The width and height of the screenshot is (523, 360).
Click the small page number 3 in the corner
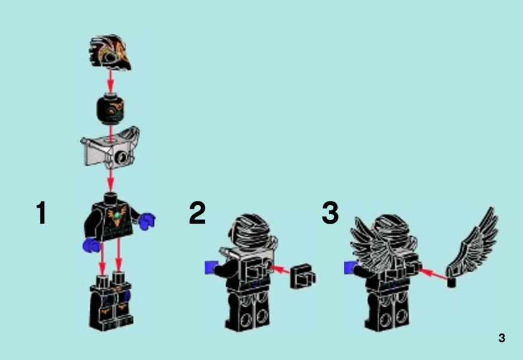[501, 338]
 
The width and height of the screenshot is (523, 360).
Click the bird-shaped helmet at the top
[110, 53]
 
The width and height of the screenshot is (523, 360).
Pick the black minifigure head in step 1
[110, 109]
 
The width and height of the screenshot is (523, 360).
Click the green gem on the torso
[117, 216]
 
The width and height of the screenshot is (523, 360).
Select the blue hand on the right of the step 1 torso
[147, 221]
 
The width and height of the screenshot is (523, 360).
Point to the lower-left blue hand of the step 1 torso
[92, 245]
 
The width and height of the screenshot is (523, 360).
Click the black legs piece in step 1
[111, 301]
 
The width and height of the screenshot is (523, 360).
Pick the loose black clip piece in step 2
[303, 277]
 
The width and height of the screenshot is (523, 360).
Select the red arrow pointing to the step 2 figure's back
[280, 269]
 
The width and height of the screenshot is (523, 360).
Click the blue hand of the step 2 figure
[210, 268]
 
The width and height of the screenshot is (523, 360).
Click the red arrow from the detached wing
[433, 274]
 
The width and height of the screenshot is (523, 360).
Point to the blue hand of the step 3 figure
[350, 268]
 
